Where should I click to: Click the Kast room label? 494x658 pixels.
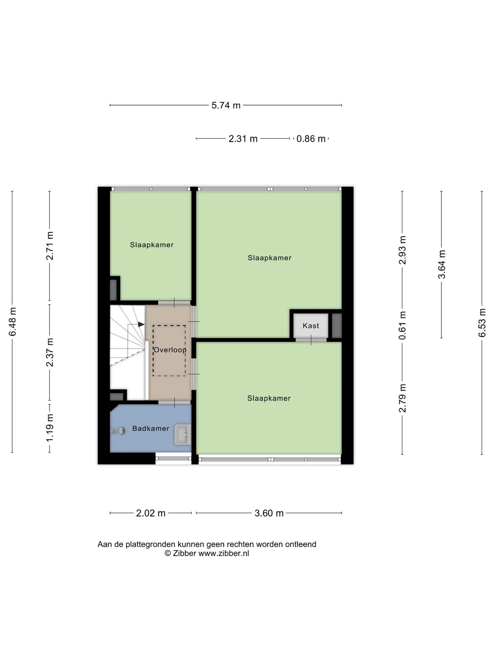[310, 326]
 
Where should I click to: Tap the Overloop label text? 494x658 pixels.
[170, 350]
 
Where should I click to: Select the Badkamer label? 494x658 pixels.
[151, 428]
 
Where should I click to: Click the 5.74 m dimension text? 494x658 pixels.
[226, 105]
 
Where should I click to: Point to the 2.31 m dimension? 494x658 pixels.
[243, 139]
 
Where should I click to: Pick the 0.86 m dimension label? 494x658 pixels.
[311, 139]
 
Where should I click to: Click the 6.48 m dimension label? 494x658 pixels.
[12, 322]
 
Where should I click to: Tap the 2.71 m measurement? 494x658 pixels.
[50, 246]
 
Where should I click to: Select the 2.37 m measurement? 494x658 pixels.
[50, 352]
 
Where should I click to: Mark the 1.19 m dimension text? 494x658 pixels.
[50, 428]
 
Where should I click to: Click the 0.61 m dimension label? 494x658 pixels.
[402, 325]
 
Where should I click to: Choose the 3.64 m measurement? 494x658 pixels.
[442, 264]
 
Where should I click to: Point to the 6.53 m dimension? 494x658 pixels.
[482, 322]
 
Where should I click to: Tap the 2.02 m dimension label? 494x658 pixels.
[151, 513]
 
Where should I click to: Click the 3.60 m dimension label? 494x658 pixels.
[269, 513]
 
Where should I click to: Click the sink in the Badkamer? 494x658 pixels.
[183, 435]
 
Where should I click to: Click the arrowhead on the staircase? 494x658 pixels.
[141, 324]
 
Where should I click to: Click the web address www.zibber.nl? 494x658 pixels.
[224, 553]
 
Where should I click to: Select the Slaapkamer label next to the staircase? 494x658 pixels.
[152, 245]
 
